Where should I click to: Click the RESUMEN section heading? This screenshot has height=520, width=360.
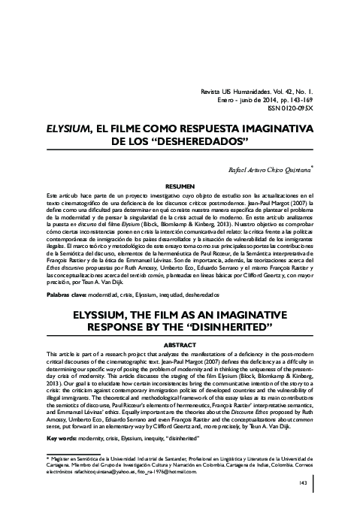point(180,185)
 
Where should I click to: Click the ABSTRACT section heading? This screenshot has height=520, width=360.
point(180,344)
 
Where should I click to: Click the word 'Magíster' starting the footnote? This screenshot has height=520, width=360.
point(62,457)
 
